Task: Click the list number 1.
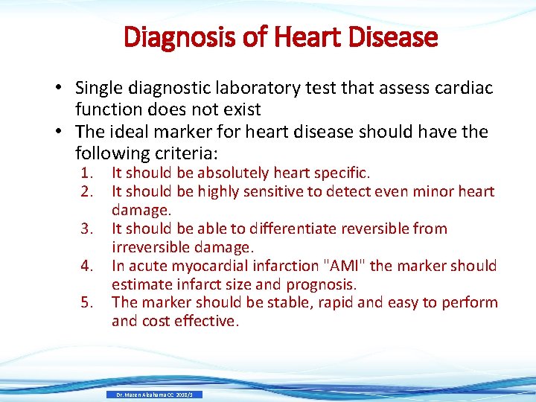coord(86,173)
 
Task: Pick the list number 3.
coord(86,229)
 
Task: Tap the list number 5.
coord(86,303)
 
